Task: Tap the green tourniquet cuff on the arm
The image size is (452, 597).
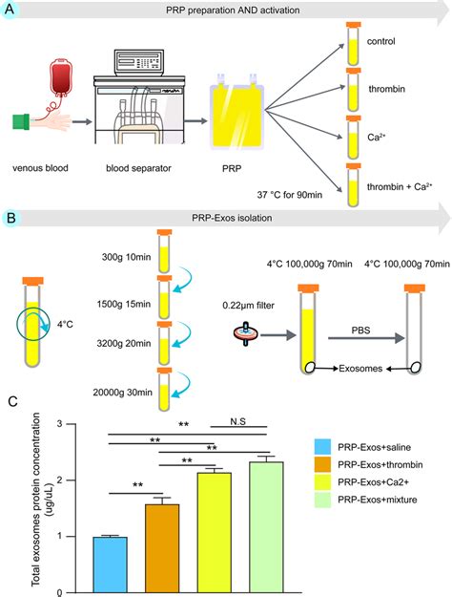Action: click(x=21, y=122)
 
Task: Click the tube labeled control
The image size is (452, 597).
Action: click(x=353, y=43)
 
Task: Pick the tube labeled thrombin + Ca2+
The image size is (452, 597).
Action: click(x=353, y=185)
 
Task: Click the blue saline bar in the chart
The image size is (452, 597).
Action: click(x=111, y=565)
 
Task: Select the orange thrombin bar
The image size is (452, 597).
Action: click(x=162, y=548)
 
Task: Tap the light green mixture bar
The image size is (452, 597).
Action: click(x=266, y=527)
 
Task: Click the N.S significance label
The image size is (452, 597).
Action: click(x=238, y=421)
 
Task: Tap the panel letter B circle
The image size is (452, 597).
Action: click(x=11, y=218)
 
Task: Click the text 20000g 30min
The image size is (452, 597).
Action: click(x=122, y=393)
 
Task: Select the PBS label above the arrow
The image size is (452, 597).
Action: click(x=360, y=330)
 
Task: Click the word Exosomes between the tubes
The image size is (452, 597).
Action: click(x=360, y=368)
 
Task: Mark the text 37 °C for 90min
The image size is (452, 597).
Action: click(x=290, y=195)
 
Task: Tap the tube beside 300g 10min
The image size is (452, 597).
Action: click(x=164, y=251)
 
